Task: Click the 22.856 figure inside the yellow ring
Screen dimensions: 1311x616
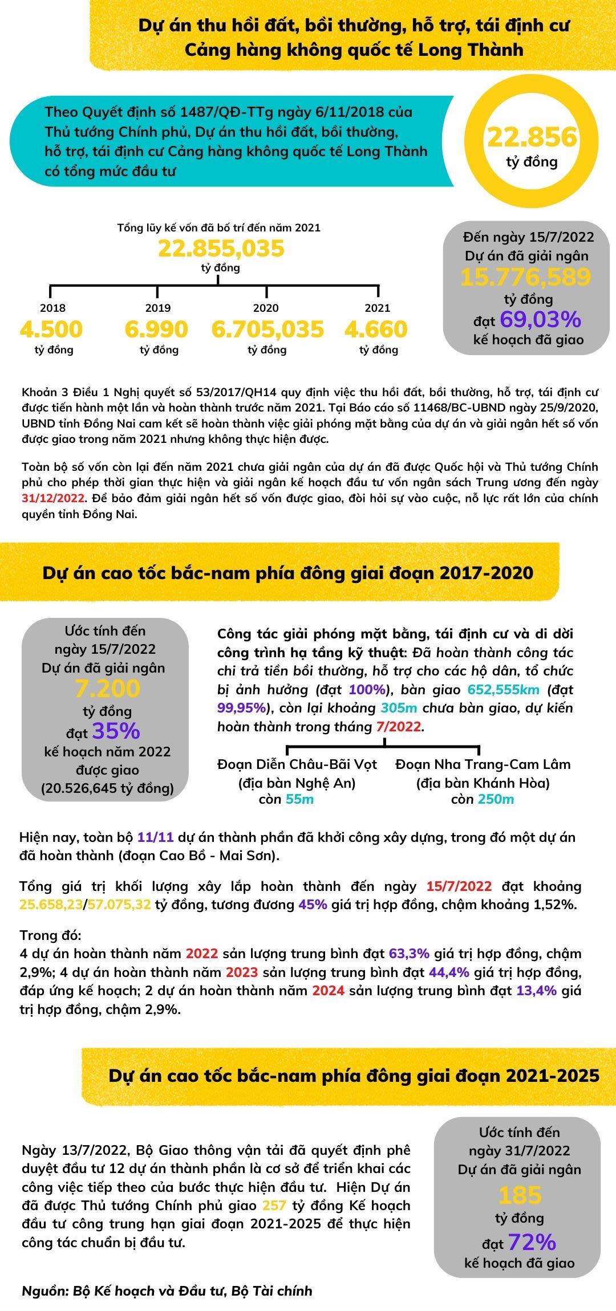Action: tap(532, 137)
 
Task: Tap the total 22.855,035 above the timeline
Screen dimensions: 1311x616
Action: tap(221, 249)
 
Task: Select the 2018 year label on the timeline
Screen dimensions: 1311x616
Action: tap(52, 308)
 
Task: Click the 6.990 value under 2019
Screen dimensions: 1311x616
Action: tap(156, 329)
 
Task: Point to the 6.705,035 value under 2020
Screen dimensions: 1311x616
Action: tap(267, 329)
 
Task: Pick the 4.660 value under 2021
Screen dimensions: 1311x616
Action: tap(376, 329)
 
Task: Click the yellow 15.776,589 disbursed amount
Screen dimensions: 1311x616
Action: tap(526, 277)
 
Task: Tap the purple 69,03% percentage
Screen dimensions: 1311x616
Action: tap(540, 319)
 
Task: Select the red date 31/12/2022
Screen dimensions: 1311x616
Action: tap(53, 498)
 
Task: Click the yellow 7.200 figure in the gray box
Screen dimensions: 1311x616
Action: tap(107, 689)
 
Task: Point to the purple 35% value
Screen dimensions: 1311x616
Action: tap(116, 731)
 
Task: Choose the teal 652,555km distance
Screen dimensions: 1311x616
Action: tap(503, 690)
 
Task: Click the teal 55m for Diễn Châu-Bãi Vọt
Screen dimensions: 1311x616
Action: tap(299, 799)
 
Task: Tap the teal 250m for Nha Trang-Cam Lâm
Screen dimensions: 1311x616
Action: tap(496, 799)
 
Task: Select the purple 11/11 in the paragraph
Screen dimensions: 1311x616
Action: tap(155, 837)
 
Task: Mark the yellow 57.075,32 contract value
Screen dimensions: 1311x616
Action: tap(119, 905)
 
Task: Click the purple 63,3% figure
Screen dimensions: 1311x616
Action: tap(409, 954)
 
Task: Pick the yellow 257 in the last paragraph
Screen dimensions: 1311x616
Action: tap(274, 1206)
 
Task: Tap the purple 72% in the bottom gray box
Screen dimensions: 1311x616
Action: tap(532, 1242)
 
